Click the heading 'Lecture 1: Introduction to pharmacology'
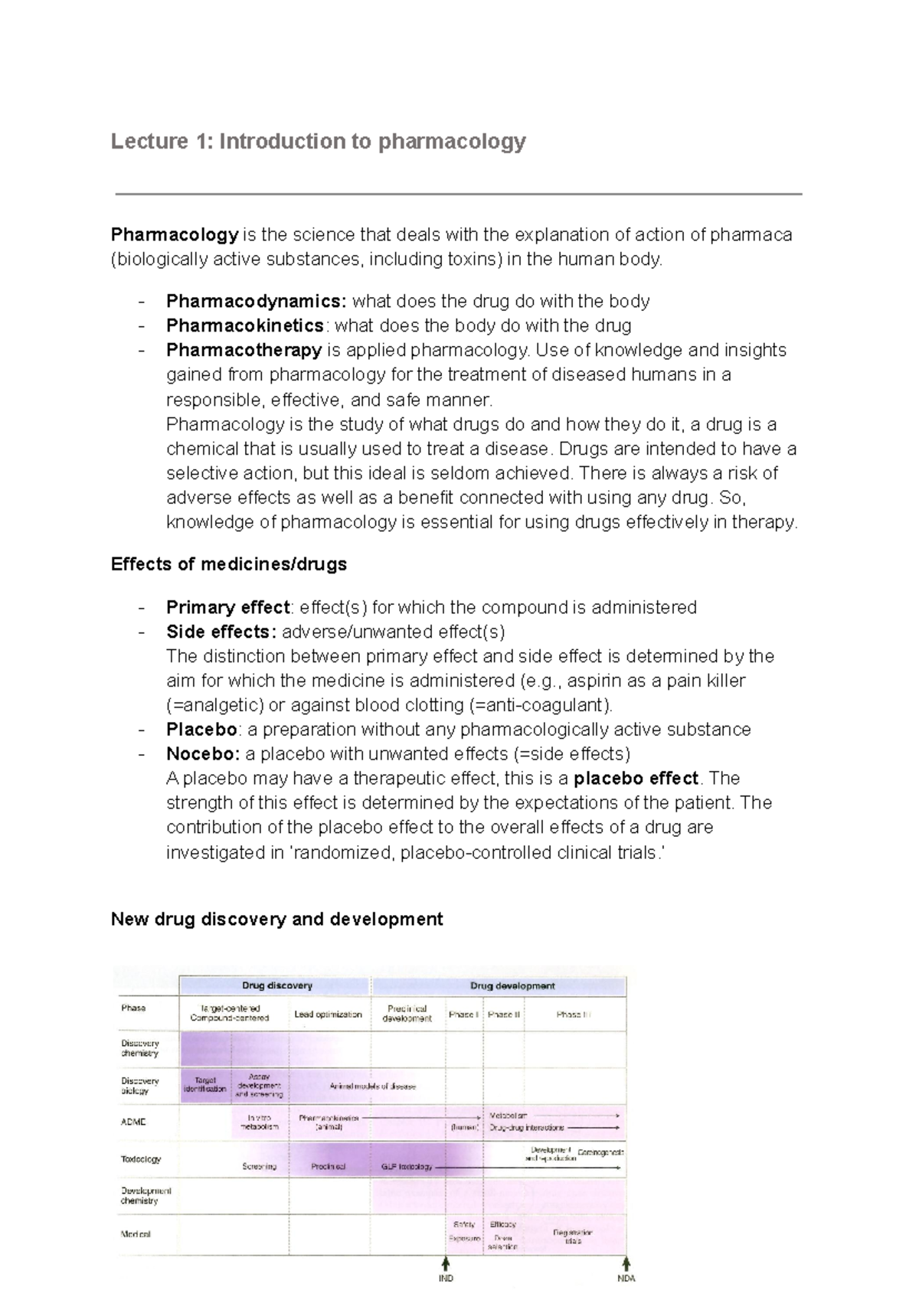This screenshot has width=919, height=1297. (x=318, y=142)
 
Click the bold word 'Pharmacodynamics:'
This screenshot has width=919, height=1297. (x=257, y=301)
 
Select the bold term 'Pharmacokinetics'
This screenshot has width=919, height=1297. (x=245, y=325)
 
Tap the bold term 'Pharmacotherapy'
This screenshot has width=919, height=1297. (x=244, y=350)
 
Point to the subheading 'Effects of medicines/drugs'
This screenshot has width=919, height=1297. (x=228, y=564)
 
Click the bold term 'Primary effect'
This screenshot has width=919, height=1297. (x=227, y=607)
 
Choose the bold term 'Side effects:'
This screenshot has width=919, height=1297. (x=221, y=632)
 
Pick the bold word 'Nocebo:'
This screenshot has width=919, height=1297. (x=203, y=753)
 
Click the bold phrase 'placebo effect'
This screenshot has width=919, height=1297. (x=636, y=778)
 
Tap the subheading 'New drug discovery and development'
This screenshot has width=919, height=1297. (x=276, y=919)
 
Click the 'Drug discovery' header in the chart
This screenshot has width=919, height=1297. (x=276, y=985)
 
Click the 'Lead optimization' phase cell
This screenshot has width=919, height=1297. (x=328, y=1014)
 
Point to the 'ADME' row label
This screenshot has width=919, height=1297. (x=133, y=1122)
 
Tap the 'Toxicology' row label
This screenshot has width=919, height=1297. (x=141, y=1158)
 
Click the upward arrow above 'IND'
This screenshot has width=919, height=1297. (x=446, y=1261)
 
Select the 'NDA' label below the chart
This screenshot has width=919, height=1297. (x=626, y=1278)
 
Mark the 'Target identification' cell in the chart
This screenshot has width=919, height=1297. (x=205, y=1084)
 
